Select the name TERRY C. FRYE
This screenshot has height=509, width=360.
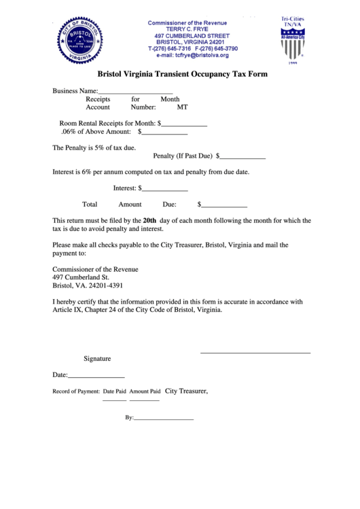point(192,29)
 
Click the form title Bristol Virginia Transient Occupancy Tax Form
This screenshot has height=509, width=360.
point(183,74)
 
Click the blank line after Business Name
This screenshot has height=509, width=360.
point(136,92)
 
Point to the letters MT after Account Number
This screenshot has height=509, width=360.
point(182,107)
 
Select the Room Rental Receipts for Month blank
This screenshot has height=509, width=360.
point(184,125)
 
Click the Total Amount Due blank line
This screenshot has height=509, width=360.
point(224,205)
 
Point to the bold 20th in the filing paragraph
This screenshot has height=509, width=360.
point(149,220)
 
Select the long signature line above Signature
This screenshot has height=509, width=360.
point(255,352)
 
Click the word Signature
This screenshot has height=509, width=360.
point(97,359)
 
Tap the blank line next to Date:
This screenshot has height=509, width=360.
point(96,376)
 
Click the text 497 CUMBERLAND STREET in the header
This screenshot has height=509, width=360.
point(192,35)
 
